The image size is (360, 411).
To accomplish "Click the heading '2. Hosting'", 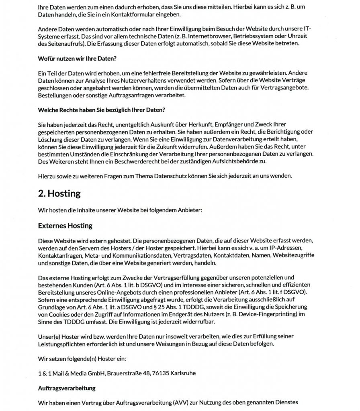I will tap(59, 193).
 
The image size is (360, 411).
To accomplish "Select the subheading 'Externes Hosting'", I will tap(65, 226).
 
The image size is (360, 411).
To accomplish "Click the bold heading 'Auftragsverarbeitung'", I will tap(66, 388).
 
